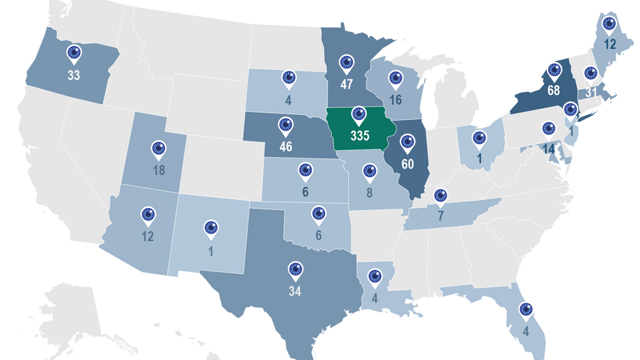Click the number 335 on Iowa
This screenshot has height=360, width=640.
point(359,136)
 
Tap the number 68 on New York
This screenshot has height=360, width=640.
point(554,91)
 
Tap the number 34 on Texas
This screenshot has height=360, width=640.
point(295,292)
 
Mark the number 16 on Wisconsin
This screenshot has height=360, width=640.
point(395,100)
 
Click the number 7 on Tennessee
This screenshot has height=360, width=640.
point(440,217)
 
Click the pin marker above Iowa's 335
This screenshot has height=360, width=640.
point(358,114)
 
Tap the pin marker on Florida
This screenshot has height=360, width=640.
point(525,308)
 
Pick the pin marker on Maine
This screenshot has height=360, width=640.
point(609,24)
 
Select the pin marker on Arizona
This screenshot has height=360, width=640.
point(148,214)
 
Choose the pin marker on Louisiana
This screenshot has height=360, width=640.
point(374,276)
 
